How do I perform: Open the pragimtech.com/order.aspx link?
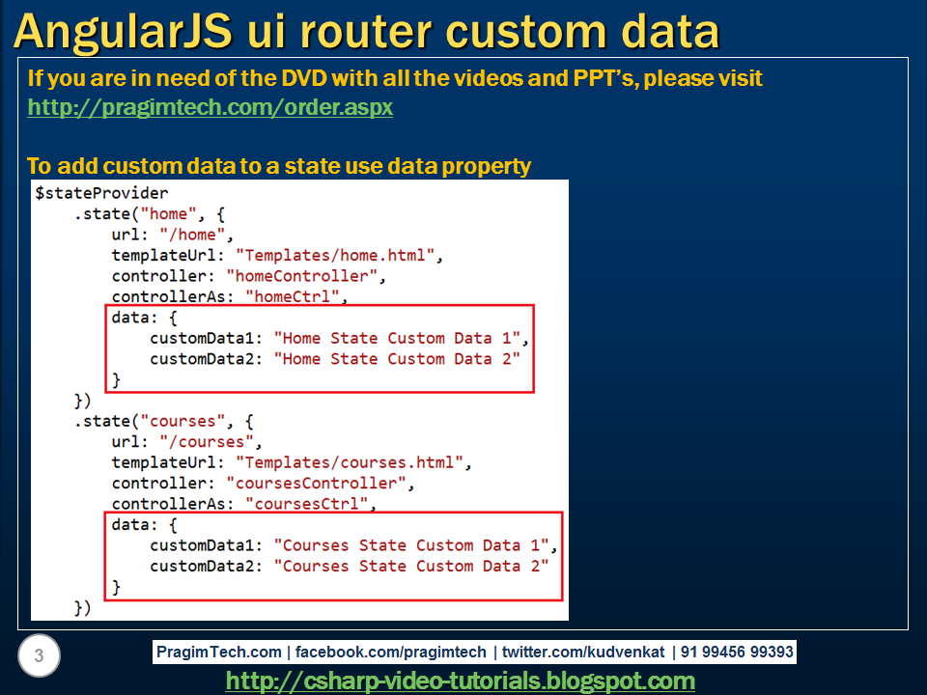(211, 107)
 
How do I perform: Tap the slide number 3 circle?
(39, 656)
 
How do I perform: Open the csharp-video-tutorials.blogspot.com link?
(460, 681)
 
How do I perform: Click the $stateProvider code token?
(101, 193)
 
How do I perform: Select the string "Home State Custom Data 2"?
(397, 359)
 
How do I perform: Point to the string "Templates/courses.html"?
(352, 462)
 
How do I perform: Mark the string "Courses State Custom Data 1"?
(415, 545)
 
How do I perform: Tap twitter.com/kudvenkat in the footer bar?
(582, 652)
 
